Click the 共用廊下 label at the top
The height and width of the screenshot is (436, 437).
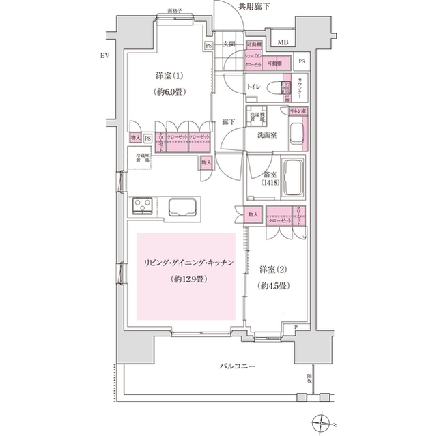pos(254,8)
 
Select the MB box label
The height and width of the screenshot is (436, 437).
pos(282,42)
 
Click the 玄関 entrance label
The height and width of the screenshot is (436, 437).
pos(229,46)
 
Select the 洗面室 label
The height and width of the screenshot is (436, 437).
pos(266,136)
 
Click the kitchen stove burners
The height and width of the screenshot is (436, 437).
pos(145,207)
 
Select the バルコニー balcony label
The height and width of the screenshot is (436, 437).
pos(237,367)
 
